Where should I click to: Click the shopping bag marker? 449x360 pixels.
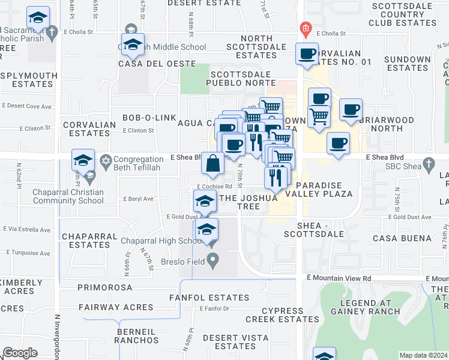213,163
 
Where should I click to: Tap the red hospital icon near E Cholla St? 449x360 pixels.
306,28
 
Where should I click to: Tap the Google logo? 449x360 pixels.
20,353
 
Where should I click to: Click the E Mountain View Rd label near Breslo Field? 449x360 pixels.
339,278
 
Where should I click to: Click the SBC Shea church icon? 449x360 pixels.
429,163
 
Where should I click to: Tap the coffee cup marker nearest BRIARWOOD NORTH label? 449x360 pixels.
351,110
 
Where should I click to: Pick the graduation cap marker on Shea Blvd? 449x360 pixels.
83,160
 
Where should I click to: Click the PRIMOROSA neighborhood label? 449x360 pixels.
104,287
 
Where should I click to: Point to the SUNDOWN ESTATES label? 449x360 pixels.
408,64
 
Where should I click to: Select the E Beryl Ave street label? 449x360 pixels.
138,199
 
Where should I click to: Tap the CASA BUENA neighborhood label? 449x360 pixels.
402,238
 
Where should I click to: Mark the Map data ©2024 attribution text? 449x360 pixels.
423,355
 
